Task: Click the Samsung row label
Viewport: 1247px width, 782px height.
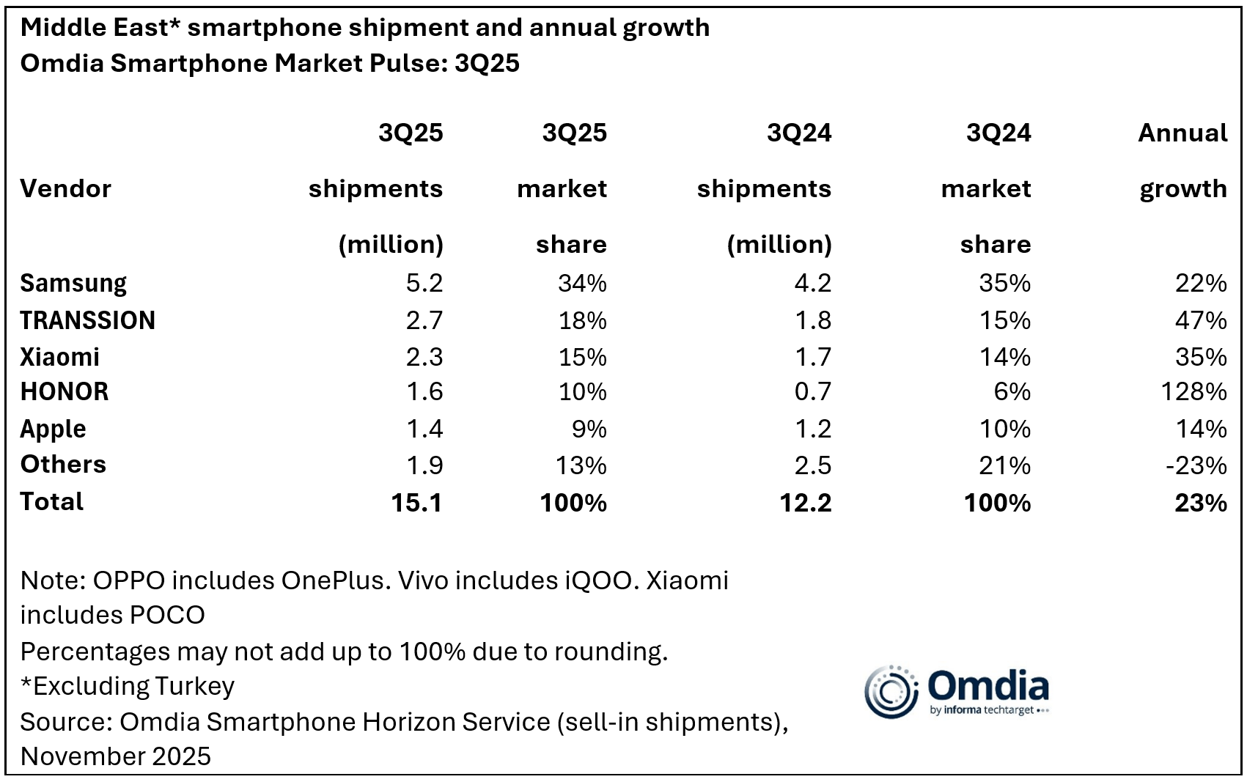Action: point(73,284)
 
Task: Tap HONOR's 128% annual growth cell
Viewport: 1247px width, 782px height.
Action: point(1193,392)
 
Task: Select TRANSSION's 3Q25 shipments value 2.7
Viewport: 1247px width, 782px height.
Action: point(424,321)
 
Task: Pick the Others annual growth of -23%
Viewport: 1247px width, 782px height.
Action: point(1196,465)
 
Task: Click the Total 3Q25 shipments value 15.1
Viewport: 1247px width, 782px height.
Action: point(416,503)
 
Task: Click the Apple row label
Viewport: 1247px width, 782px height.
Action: point(53,429)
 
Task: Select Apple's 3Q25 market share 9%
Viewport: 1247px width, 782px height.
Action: point(589,429)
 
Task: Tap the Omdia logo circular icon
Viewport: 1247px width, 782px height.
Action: point(890,691)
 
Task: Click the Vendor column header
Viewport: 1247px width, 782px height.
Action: point(65,189)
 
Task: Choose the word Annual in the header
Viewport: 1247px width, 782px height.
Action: point(1182,133)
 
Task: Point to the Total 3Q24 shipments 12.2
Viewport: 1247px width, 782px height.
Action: point(806,503)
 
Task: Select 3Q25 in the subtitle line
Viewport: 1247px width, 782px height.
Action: point(487,64)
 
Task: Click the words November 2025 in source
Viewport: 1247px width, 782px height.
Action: point(115,756)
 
